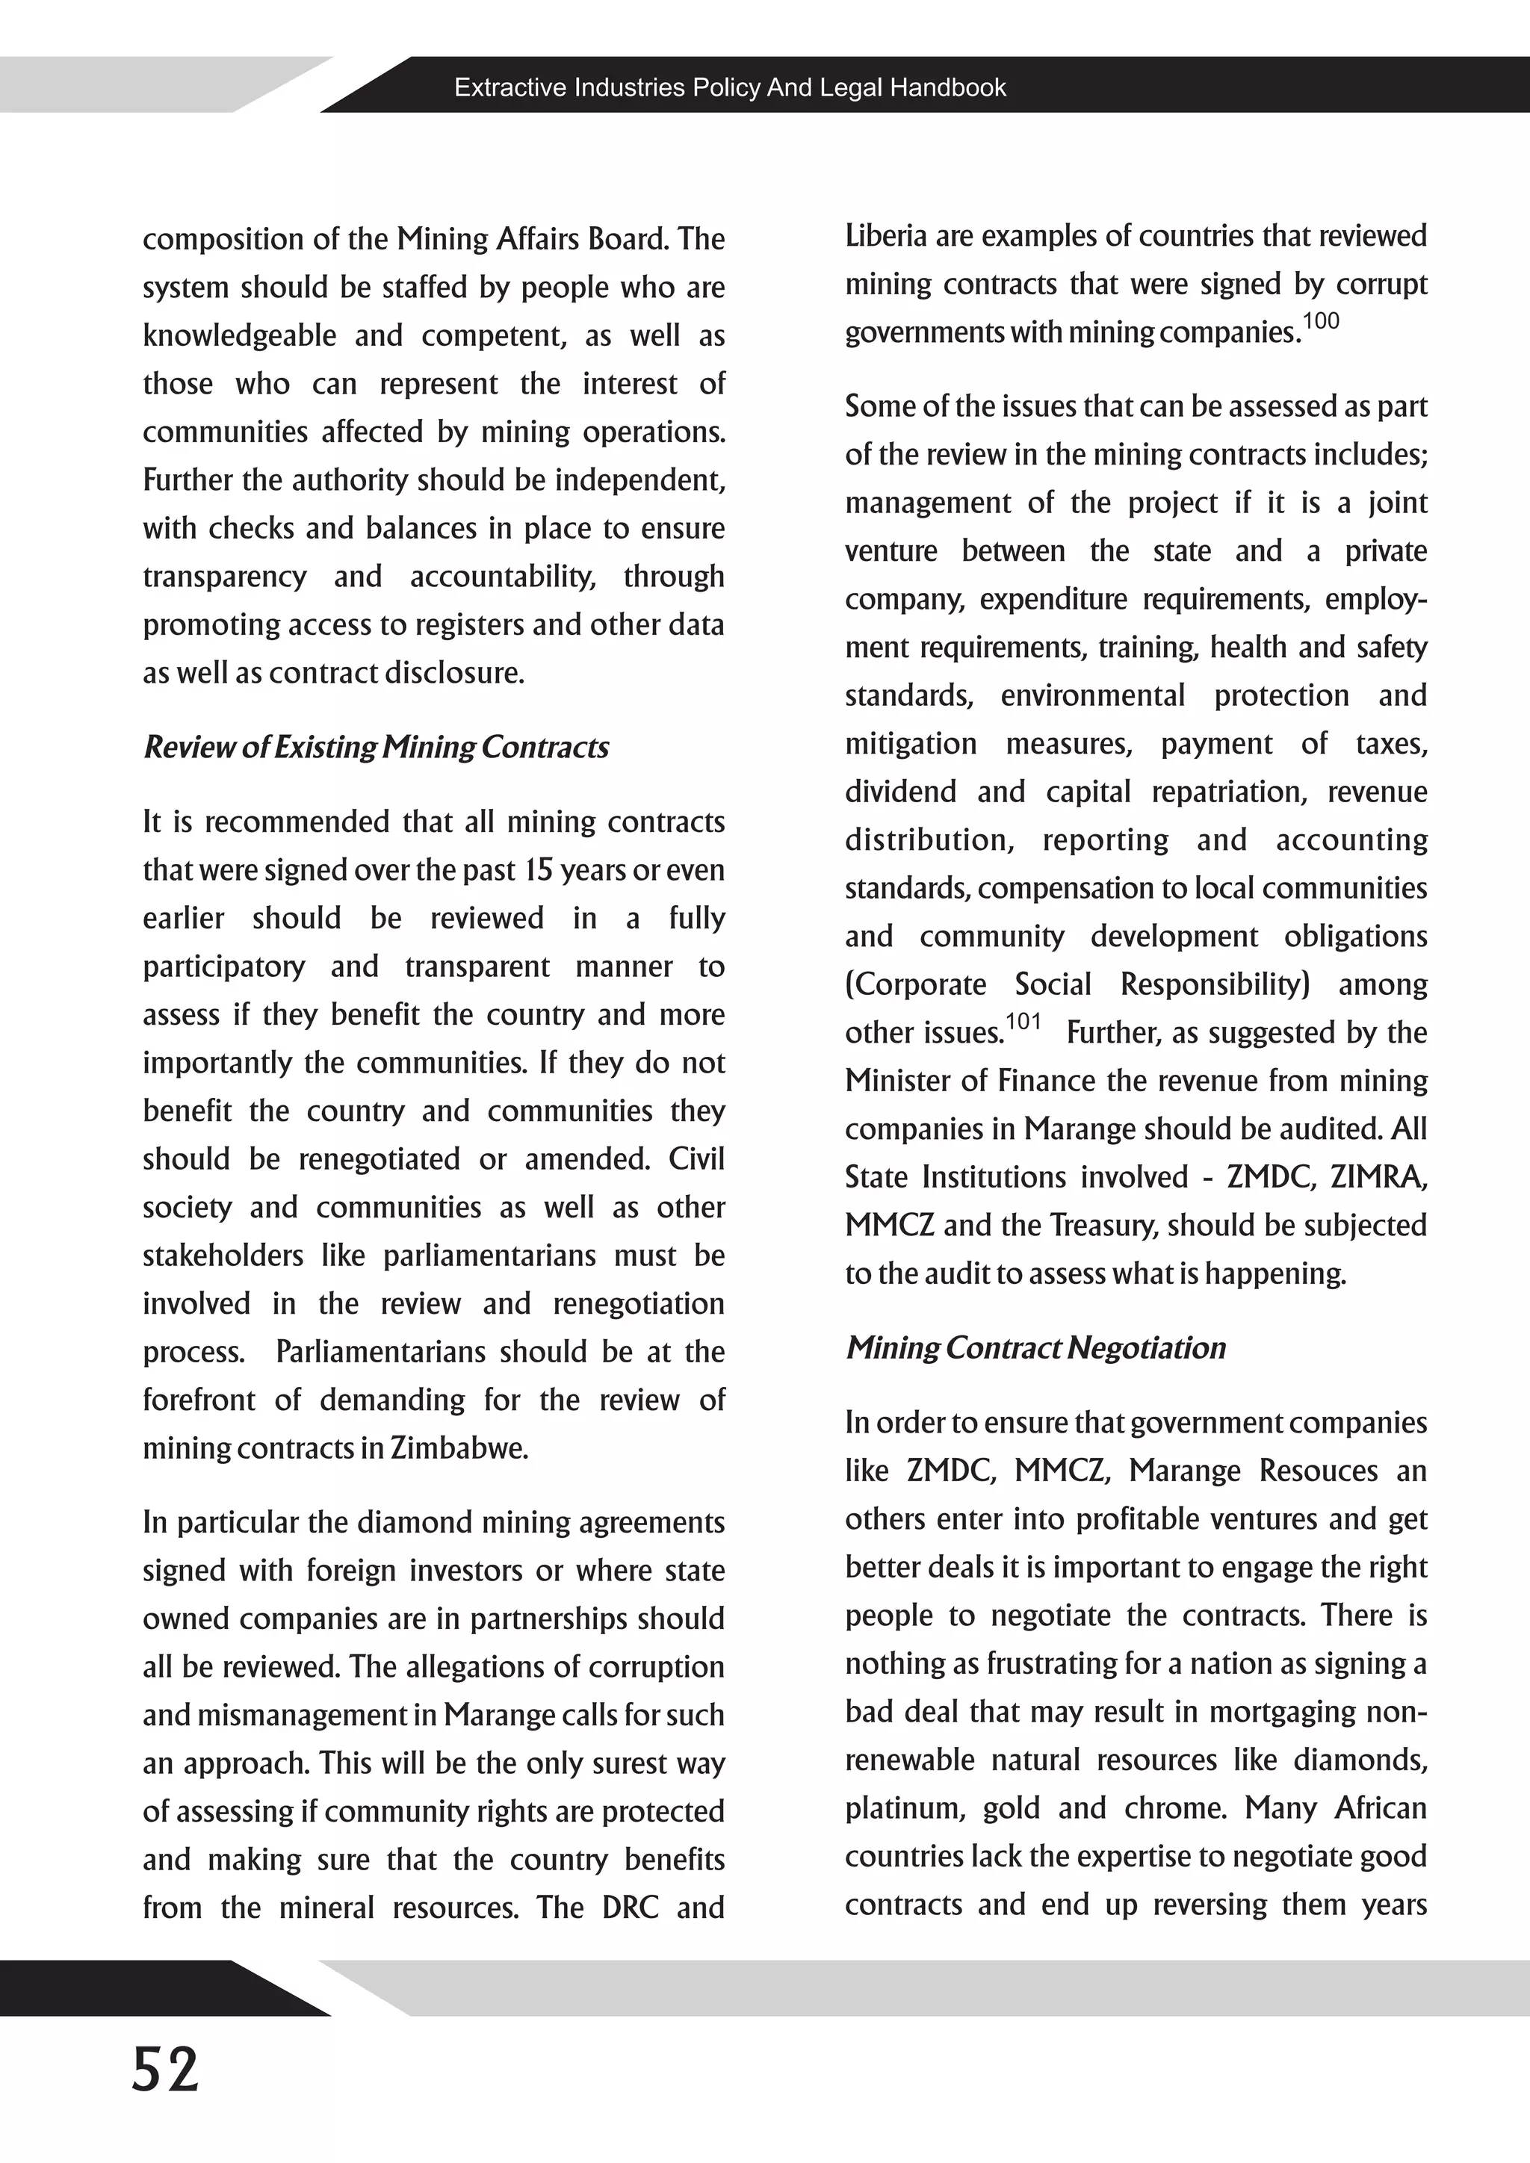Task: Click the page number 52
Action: click(x=166, y=2070)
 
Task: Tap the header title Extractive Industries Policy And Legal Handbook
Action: click(x=730, y=87)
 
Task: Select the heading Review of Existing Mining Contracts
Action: click(x=376, y=747)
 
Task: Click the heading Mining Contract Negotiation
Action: click(x=1035, y=1348)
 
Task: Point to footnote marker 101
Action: click(x=1023, y=1021)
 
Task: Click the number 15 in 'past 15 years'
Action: click(x=538, y=869)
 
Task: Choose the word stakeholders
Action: click(x=223, y=1256)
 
